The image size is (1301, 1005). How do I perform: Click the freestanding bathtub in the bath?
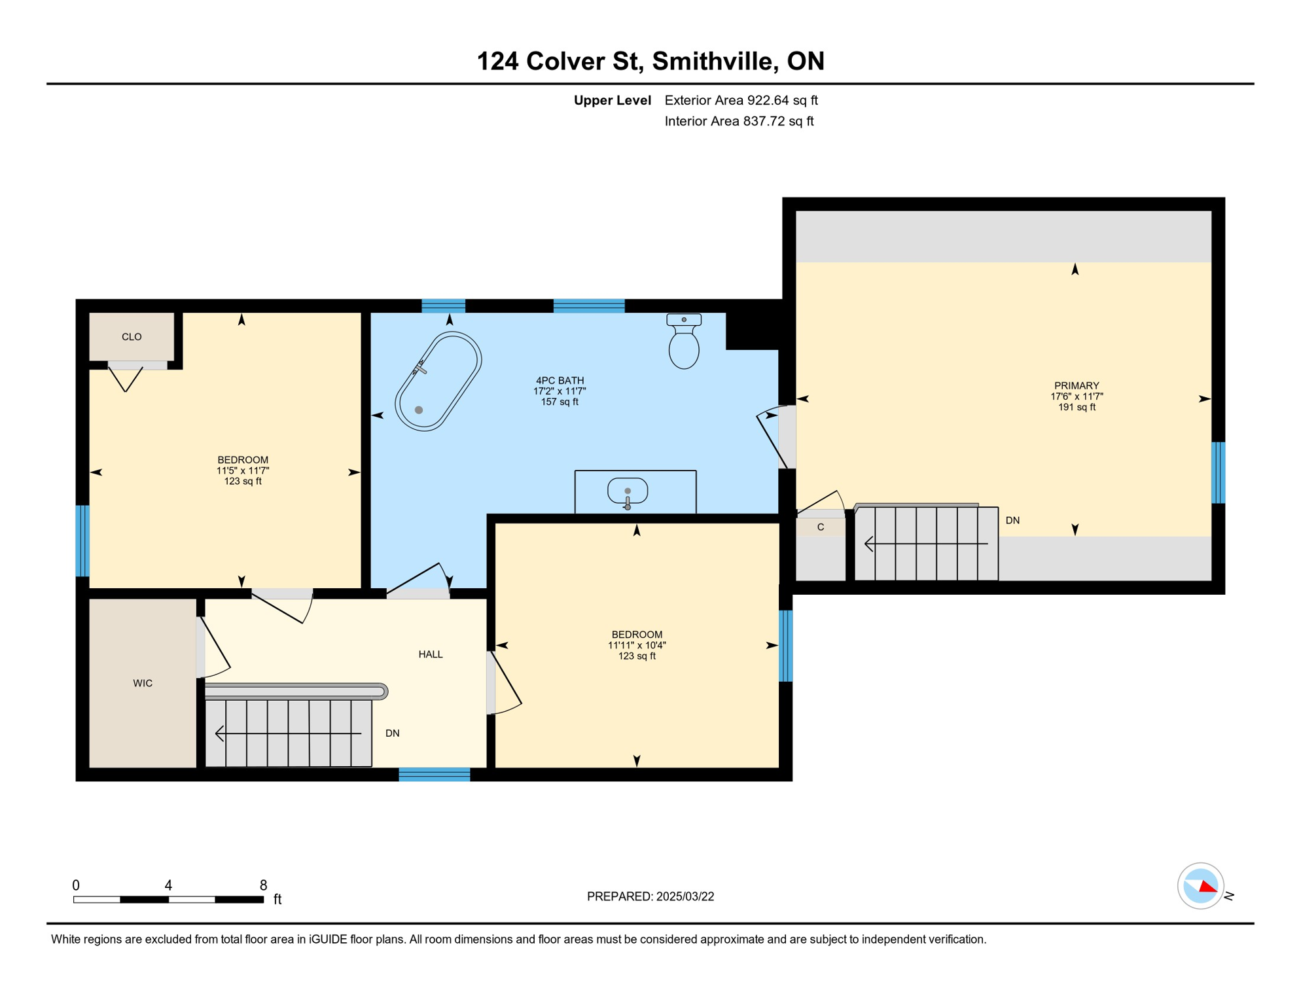coord(438,381)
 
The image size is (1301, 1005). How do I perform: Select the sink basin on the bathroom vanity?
coord(628,491)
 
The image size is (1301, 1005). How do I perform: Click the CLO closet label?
coord(132,337)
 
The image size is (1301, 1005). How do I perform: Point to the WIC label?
coord(143,683)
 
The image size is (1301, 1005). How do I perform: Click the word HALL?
coord(431,654)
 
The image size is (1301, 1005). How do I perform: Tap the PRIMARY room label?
coord(1077,385)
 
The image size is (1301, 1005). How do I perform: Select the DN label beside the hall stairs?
coord(393,733)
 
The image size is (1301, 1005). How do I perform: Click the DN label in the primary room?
coord(1012,521)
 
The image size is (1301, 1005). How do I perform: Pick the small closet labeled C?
coord(821,527)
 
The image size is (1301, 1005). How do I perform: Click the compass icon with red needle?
coord(1200,886)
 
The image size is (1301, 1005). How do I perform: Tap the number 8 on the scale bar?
coord(263,885)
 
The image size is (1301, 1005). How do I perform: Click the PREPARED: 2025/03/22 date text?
coord(650,896)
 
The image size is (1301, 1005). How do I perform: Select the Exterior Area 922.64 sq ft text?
coord(741,100)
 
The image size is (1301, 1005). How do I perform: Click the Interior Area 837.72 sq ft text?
coord(739,121)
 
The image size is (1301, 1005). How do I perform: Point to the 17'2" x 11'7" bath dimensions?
coord(560,391)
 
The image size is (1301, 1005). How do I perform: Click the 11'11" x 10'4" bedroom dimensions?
coord(637,645)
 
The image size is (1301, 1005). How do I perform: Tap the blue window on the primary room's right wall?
coord(1218,472)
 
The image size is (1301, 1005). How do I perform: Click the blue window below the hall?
coord(435,775)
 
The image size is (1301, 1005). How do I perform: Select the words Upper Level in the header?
coord(612,100)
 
